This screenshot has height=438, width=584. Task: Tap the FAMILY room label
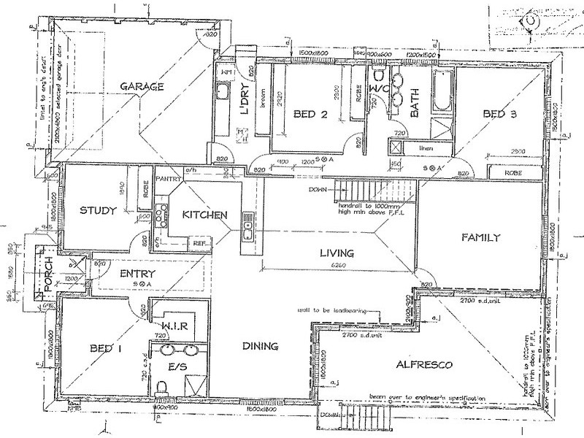pos(481,237)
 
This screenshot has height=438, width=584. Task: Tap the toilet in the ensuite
pos(164,388)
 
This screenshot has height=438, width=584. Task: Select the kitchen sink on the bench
pos(248,226)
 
